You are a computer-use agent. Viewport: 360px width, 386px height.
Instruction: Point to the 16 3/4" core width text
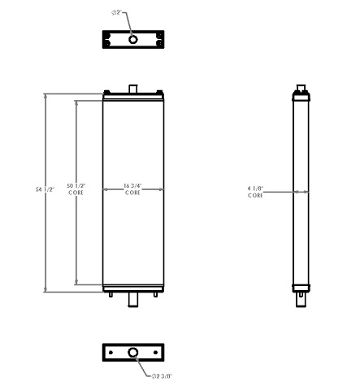pyautogui.click(x=132, y=187)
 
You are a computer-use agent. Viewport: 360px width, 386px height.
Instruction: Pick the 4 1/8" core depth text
pyautogui.click(x=256, y=189)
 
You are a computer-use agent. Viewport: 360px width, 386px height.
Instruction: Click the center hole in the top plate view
pyautogui.click(x=133, y=39)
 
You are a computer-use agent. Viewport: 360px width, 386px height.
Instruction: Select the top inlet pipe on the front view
pyautogui.click(x=133, y=87)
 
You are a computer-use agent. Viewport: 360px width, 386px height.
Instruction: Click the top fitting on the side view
pyautogui.click(x=301, y=88)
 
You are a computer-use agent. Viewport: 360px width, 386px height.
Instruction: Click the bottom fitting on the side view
pyautogui.click(x=301, y=297)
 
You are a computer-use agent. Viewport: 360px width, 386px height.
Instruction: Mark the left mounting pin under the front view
pyautogui.click(x=110, y=294)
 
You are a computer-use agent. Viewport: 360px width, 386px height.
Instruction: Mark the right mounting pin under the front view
pyautogui.click(x=157, y=294)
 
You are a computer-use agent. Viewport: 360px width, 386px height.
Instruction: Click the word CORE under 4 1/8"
pyautogui.click(x=256, y=196)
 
